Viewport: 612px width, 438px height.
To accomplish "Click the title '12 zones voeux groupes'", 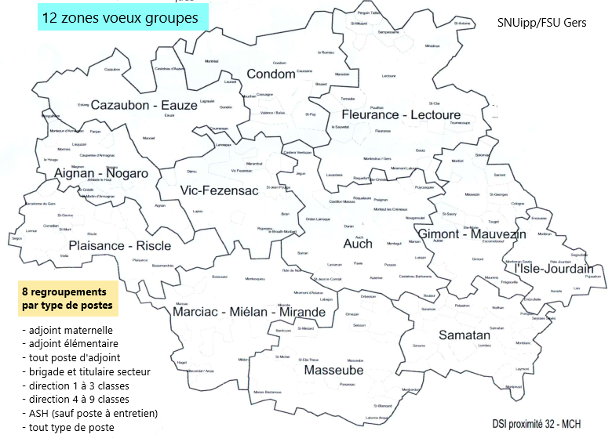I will point(120,17).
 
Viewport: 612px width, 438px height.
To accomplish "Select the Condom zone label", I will point(271,74).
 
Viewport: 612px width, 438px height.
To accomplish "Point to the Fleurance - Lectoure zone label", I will point(401,115).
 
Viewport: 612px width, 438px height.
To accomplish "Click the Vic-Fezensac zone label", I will point(219,190).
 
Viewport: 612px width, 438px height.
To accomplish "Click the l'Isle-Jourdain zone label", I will point(553,269).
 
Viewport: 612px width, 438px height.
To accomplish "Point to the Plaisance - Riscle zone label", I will point(119,245).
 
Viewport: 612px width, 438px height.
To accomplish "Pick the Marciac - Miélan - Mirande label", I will point(248,312).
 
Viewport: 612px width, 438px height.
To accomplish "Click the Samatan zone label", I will point(464,334).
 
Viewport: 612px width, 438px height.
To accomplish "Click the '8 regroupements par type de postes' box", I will point(67,298).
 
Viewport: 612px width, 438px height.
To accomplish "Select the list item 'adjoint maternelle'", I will point(68,329).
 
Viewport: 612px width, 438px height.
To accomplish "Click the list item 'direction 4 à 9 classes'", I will point(78,400).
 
